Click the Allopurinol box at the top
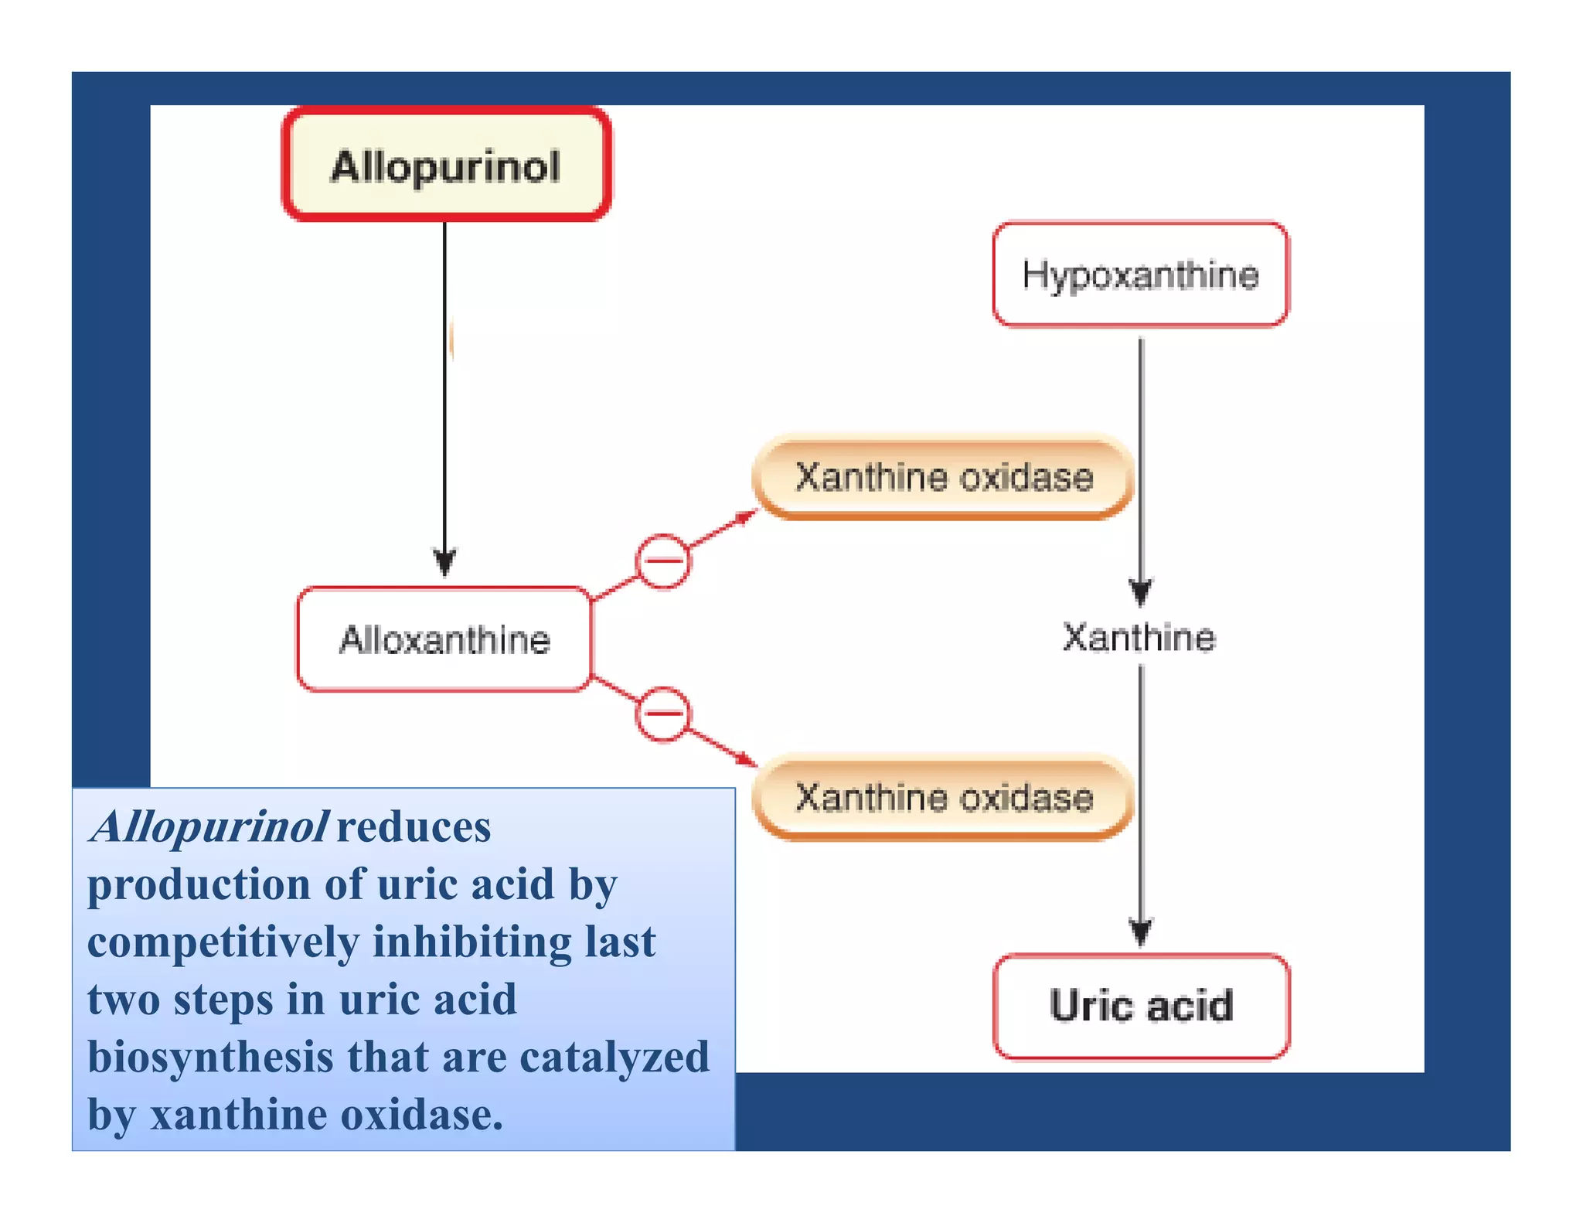tap(447, 165)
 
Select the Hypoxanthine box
tap(1140, 274)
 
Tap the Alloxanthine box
tap(444, 639)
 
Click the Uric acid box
tap(1141, 1006)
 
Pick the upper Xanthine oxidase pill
tap(944, 477)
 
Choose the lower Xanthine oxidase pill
tap(944, 797)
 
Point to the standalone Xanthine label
tap(1139, 638)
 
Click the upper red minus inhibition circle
tap(662, 561)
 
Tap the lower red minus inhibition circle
tap(662, 714)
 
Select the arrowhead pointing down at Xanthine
tap(1141, 594)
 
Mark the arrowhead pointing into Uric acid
tap(1141, 932)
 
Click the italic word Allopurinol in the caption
tap(209, 826)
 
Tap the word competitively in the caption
tap(223, 942)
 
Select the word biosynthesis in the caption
tap(209, 1057)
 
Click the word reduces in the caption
tap(414, 826)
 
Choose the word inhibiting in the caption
tap(472, 942)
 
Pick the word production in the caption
tap(199, 884)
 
